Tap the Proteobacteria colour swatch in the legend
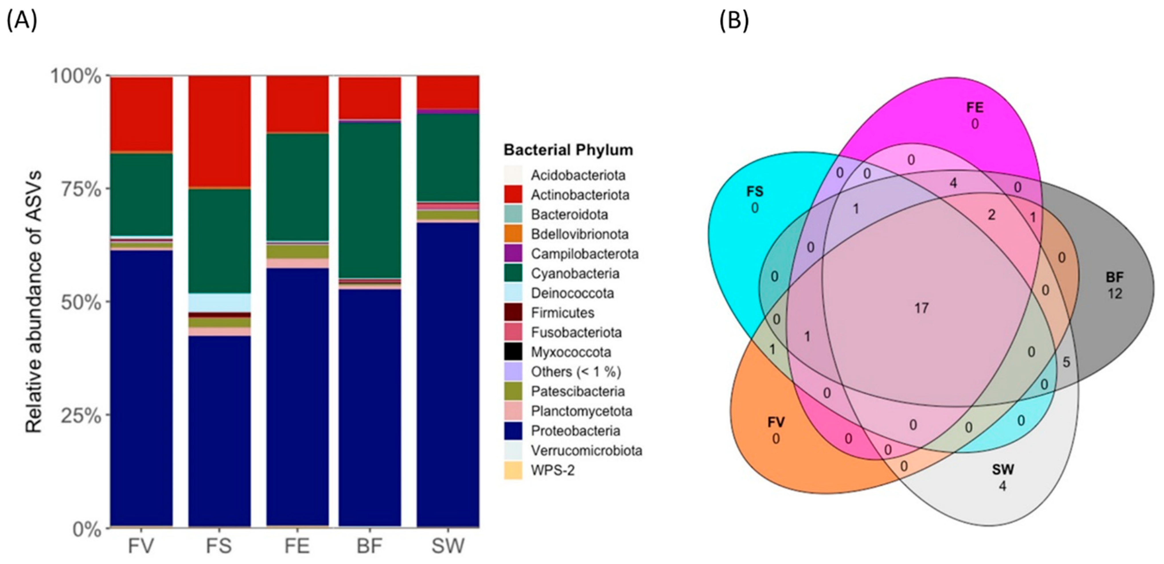click(x=513, y=431)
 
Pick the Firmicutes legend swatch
click(x=513, y=312)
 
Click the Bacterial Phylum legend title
click(x=568, y=150)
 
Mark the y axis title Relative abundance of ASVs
click(x=34, y=302)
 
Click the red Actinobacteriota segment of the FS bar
click(x=219, y=131)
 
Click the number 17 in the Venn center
click(x=921, y=308)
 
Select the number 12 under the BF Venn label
click(x=1115, y=294)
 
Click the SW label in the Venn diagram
click(x=1003, y=470)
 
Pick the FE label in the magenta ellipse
click(x=975, y=107)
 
